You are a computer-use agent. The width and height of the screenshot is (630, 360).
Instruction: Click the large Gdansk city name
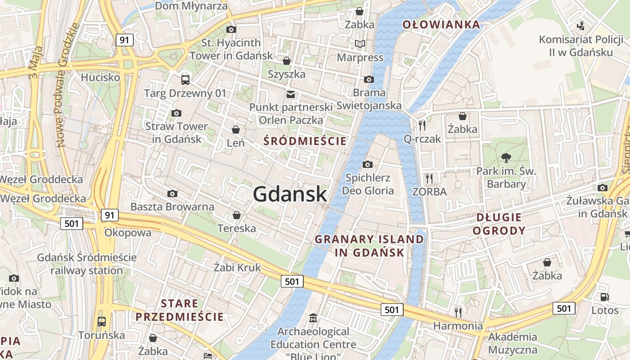290,194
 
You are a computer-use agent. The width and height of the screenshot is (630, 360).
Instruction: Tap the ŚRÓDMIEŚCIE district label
305,141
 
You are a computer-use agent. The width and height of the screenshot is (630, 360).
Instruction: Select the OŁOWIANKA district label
441,24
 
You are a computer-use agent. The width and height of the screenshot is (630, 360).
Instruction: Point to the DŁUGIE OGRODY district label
501,224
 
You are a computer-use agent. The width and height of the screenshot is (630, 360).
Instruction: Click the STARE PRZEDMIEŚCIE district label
180,310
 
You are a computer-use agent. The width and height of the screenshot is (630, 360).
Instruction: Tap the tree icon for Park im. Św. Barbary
506,157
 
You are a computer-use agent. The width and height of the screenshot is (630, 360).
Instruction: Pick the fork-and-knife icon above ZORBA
429,179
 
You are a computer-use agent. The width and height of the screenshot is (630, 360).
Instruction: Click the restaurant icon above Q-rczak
422,126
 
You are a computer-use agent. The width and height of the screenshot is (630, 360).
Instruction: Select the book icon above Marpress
360,44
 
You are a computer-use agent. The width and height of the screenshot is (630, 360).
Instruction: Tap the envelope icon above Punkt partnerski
291,94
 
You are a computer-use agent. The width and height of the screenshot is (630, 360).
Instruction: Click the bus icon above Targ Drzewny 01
185,80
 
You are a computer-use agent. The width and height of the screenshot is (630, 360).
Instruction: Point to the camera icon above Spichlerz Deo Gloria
368,164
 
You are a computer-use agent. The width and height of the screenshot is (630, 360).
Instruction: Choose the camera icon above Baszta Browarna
172,194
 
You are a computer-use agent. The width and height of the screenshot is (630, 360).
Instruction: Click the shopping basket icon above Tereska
236,216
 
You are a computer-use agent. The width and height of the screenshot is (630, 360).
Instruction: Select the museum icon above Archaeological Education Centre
313,319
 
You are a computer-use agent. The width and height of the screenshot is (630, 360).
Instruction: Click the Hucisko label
100,77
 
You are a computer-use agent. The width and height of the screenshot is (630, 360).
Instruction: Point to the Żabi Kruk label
237,267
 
